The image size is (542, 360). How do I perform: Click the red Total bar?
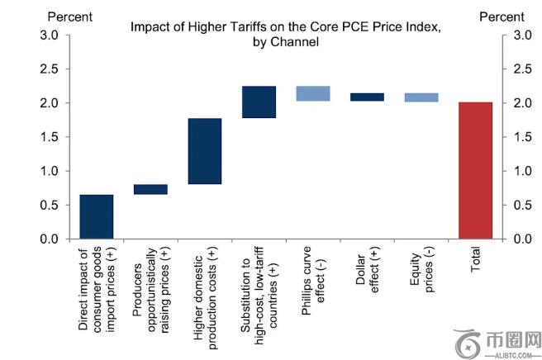tap(476, 170)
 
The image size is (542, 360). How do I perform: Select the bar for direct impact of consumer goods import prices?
tap(96, 216)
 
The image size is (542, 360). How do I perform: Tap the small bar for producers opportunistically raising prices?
tap(150, 189)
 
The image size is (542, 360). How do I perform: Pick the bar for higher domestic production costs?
tap(205, 151)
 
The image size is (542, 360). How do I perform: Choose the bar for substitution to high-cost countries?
tap(259, 102)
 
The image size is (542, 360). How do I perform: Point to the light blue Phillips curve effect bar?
tap(313, 93)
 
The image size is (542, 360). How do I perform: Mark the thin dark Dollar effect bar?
tap(367, 97)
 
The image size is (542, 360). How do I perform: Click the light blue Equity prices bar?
tap(421, 97)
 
